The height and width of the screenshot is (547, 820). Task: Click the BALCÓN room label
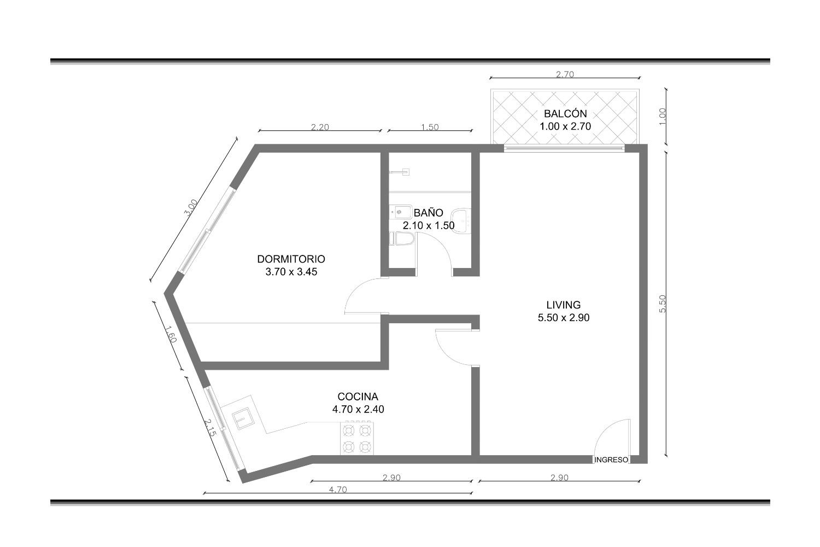(565, 114)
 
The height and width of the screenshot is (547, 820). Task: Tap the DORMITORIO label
(291, 259)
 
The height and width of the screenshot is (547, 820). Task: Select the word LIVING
(564, 305)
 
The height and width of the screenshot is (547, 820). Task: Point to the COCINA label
(358, 397)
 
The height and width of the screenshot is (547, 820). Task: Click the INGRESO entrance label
(611, 460)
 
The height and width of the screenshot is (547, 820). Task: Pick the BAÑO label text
(428, 212)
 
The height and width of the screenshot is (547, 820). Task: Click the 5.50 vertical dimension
(663, 304)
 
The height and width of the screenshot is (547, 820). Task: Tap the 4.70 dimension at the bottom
(337, 490)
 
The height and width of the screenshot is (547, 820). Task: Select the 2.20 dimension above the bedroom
(320, 127)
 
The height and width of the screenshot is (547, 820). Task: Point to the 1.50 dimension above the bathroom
(430, 127)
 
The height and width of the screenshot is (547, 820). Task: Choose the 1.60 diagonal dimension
(170, 335)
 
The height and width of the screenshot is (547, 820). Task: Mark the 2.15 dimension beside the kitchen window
(210, 428)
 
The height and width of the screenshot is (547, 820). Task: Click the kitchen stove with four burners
(357, 439)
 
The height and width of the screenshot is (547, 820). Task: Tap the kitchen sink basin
(242, 418)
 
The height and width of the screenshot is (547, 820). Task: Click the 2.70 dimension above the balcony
(565, 74)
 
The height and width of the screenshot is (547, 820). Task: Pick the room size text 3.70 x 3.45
(291, 272)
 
